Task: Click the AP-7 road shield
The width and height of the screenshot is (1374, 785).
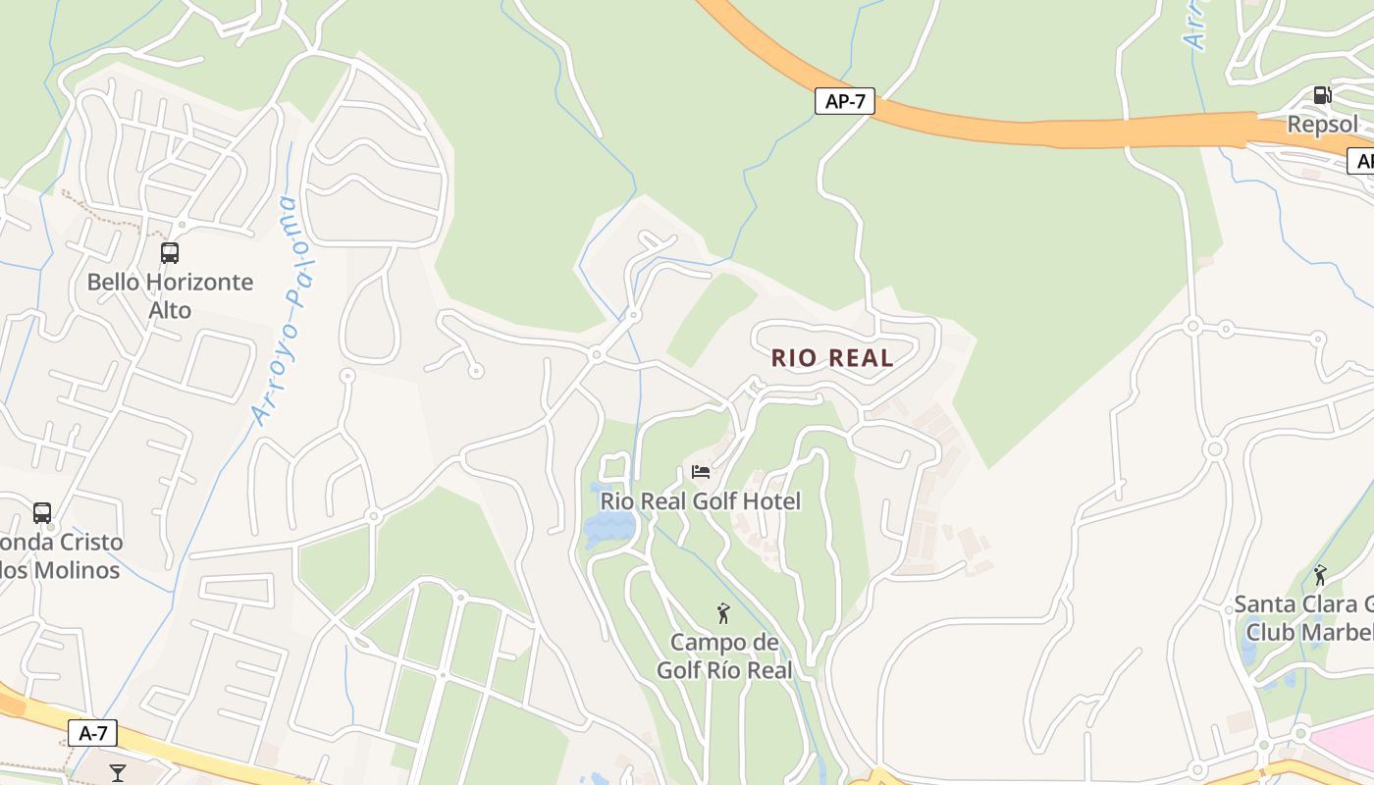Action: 844,101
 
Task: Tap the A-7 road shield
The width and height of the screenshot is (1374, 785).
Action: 92,732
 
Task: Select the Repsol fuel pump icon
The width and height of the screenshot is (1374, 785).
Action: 1322,95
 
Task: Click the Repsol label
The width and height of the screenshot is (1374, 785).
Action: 1322,125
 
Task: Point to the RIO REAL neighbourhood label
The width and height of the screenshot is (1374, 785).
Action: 832,358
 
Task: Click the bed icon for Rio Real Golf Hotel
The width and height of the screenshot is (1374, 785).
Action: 701,472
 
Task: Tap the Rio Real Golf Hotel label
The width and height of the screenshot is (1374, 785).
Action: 701,501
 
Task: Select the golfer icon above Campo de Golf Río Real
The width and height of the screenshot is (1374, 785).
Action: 723,614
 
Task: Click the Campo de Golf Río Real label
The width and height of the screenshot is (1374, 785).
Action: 724,656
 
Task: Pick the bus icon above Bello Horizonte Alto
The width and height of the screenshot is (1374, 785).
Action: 170,253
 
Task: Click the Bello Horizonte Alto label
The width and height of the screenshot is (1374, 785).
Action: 170,295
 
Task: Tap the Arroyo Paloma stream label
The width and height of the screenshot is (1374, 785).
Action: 274,309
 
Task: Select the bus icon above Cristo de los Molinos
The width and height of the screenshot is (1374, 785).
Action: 42,512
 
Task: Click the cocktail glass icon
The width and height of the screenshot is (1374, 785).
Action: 118,772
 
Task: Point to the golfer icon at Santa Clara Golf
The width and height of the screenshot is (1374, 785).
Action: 1320,575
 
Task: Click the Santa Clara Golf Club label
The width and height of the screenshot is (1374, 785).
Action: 1305,617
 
